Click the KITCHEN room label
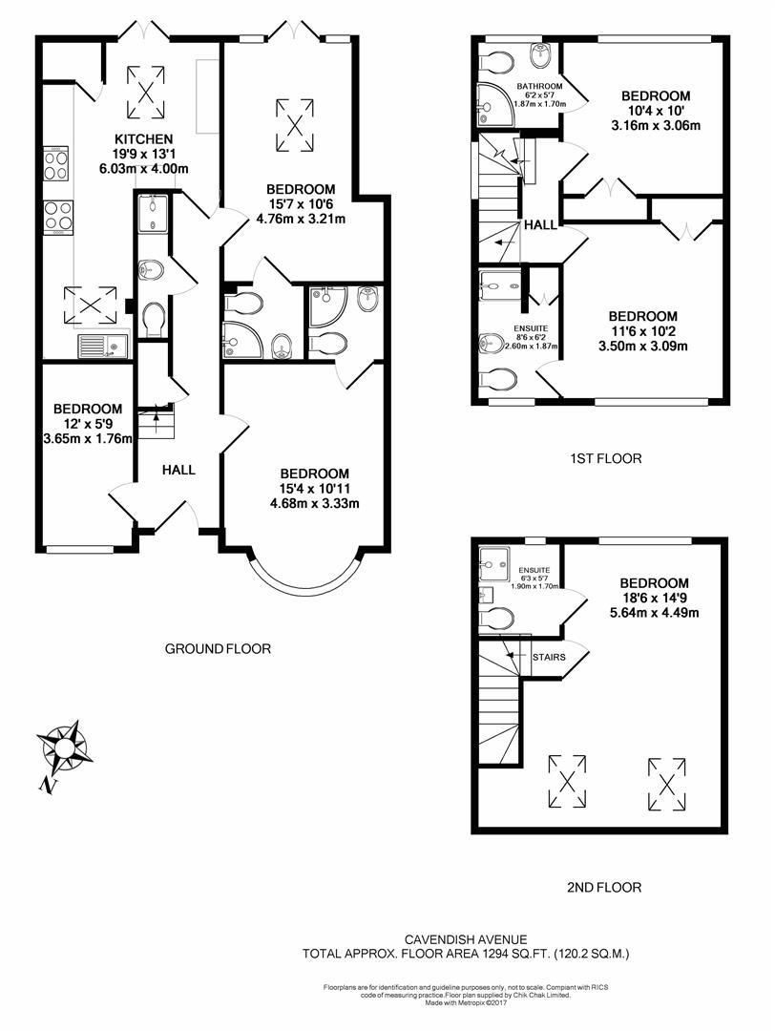144,139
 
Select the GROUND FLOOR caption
218,649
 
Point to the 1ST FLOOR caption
605,458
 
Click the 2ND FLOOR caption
604,888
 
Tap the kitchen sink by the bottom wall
103,346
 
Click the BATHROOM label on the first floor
539,86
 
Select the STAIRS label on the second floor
549,657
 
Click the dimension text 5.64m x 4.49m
654,613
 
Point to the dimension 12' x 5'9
88,424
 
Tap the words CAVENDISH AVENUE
466,940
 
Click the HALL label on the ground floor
178,470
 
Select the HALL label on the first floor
540,225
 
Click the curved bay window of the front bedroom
305,587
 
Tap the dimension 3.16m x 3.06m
656,126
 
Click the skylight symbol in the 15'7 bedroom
295,124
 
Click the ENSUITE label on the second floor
534,570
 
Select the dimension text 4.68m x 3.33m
315,504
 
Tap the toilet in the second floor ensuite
496,618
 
